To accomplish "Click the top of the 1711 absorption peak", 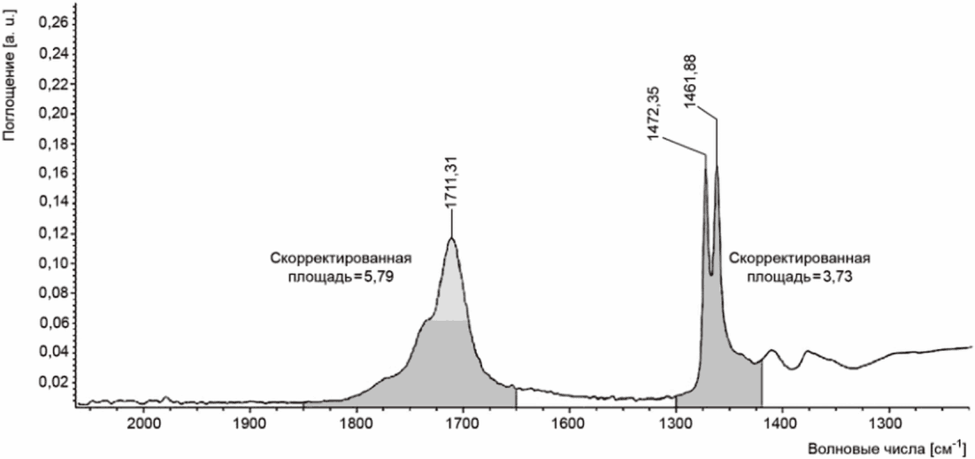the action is click(x=451, y=237).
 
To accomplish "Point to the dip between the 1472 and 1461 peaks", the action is click(x=711, y=274).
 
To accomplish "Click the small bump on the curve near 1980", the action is click(x=165, y=397).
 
